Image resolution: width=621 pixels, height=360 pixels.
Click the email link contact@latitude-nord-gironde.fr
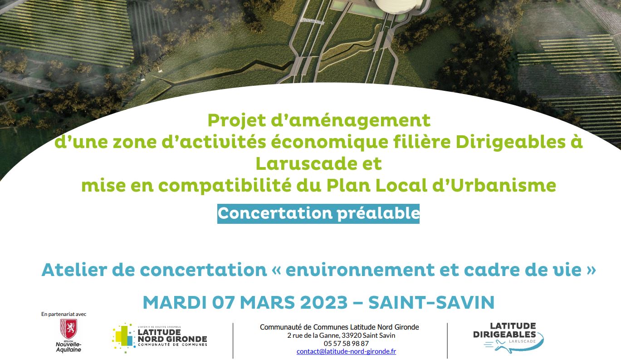[346, 351]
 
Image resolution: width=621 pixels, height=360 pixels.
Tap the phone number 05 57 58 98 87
[346, 343]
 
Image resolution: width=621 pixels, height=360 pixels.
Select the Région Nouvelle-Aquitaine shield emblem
[68, 329]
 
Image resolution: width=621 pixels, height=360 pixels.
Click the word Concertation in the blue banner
[275, 213]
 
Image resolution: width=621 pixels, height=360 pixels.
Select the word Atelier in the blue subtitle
[74, 270]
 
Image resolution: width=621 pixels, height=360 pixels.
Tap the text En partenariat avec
[64, 314]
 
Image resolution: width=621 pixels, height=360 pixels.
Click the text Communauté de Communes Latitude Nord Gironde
[339, 327]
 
